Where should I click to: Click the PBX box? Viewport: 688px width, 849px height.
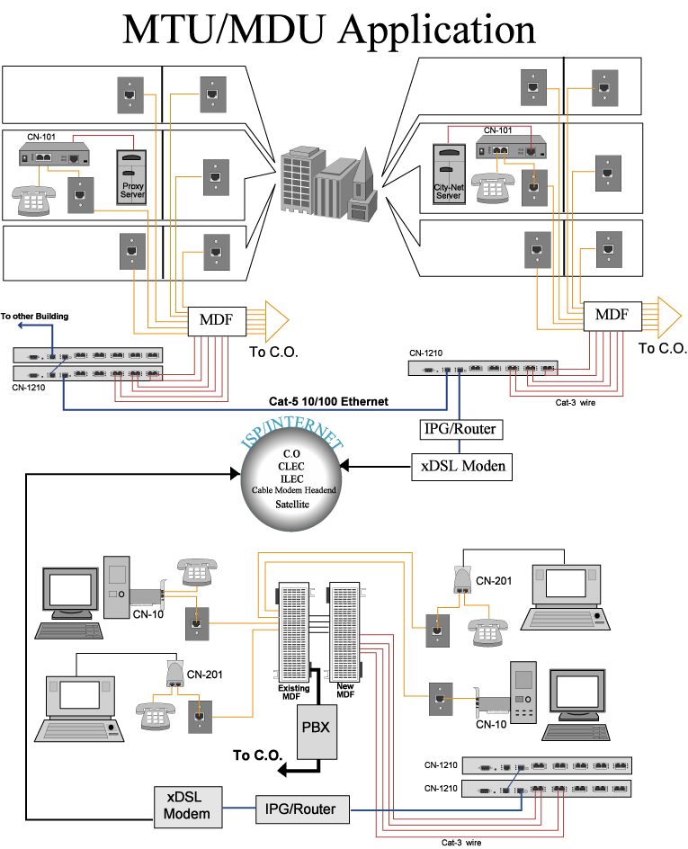pyautogui.click(x=316, y=726)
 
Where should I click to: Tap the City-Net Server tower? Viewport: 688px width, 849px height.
pyautogui.click(x=448, y=173)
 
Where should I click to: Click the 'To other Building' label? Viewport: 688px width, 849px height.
pyautogui.click(x=34, y=317)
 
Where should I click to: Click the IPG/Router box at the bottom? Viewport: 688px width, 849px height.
pyautogui.click(x=301, y=809)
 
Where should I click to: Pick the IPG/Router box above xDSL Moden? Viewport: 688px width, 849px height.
pyautogui.click(x=460, y=429)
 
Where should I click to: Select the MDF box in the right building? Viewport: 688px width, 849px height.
pyautogui.click(x=612, y=315)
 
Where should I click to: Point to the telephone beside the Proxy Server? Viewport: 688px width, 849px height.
pyautogui.click(x=32, y=200)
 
